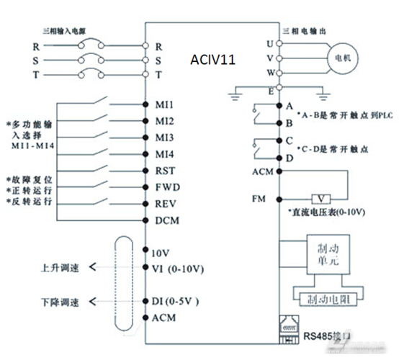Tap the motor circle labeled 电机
click(x=345, y=56)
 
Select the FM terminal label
click(x=260, y=197)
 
